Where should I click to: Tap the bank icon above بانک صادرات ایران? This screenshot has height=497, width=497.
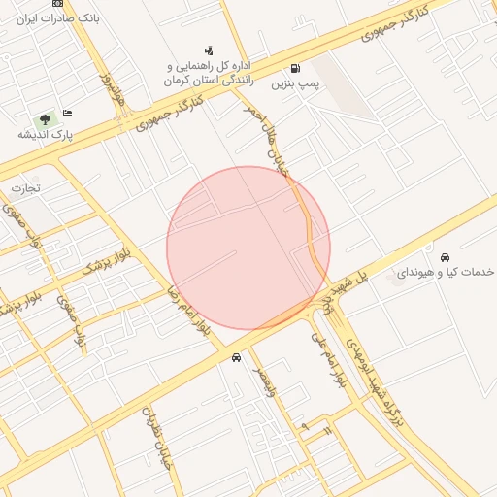click(x=58, y=3)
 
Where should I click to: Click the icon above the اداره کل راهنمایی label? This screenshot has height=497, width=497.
click(x=209, y=50)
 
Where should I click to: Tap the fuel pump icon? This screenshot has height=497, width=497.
click(x=294, y=69)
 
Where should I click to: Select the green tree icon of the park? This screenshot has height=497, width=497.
click(x=43, y=119)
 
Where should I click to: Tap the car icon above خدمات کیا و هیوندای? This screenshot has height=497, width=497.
click(x=445, y=258)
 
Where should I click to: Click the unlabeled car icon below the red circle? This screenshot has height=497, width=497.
click(x=237, y=358)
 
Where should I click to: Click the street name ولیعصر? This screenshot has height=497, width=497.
click(x=264, y=382)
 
